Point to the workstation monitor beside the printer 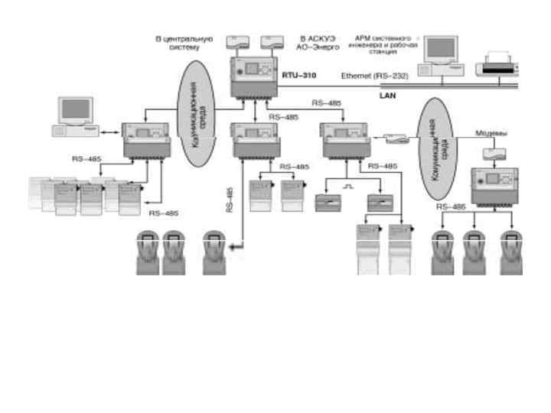(444, 54)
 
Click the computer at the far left (74, 115)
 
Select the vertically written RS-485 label (230, 199)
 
